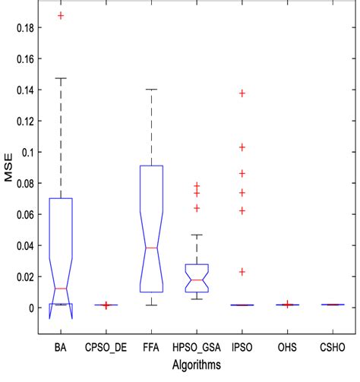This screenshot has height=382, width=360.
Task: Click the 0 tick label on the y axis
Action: point(32,308)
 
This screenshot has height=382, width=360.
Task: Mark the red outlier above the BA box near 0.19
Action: point(61,16)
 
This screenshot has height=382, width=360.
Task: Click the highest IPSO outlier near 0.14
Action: point(243,93)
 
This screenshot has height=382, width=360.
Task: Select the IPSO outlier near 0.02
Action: point(243,272)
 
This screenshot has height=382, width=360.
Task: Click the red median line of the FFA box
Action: point(152,248)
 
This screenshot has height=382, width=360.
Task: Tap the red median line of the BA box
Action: point(61,289)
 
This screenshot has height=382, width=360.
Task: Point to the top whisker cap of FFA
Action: point(152,90)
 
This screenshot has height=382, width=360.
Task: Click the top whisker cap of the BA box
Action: point(61,78)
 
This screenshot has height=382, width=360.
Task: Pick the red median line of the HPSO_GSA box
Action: point(197,280)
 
